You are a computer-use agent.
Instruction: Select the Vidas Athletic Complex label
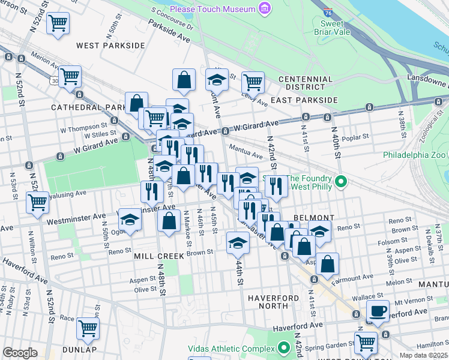pyautogui.click(x=236, y=348)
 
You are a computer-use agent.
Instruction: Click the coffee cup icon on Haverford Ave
pyautogui.click(x=378, y=311)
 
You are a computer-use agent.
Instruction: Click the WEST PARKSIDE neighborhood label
pyautogui.click(x=110, y=46)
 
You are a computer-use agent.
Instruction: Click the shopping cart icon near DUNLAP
pyautogui.click(x=88, y=328)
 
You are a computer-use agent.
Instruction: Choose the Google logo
pyautogui.click(x=20, y=353)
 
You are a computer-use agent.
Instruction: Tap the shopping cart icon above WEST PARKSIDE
pyautogui.click(x=58, y=23)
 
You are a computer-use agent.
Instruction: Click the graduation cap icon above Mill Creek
pyautogui.click(x=238, y=243)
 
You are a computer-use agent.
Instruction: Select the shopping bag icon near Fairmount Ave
pyautogui.click(x=327, y=263)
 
